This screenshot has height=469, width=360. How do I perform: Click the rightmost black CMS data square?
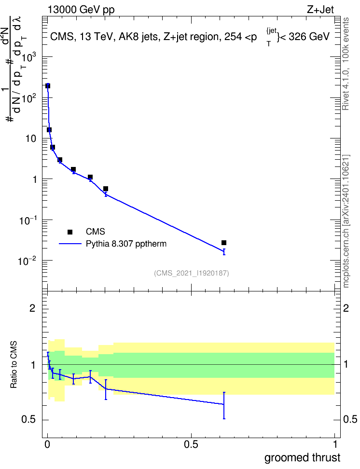tap(224, 243)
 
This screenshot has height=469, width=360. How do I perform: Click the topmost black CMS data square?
tap(48, 86)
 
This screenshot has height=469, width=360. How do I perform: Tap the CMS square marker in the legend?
tap(70, 232)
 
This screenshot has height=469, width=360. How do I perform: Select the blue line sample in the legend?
tap(70, 244)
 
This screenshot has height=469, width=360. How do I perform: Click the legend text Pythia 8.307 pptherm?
tap(126, 244)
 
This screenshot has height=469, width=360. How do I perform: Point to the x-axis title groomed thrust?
tap(302, 457)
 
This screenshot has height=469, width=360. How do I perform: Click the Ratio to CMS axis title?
tap(14, 365)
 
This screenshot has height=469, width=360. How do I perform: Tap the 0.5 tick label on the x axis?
tap(191, 444)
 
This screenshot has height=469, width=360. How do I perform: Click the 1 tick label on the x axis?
tap(334, 444)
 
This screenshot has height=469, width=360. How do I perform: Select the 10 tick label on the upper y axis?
tap(31, 139)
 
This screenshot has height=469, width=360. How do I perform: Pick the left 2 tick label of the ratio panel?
tap(32, 308)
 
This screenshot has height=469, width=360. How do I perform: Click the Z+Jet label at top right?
tap(320, 10)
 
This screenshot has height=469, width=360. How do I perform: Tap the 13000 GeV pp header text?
tap(81, 10)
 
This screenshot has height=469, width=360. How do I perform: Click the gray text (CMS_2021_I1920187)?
tap(192, 273)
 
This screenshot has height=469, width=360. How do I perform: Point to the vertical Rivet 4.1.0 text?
tap(346, 64)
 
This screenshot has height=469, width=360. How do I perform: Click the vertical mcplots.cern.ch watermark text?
tap(346, 221)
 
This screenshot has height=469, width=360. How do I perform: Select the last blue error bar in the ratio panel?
tap(224, 405)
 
